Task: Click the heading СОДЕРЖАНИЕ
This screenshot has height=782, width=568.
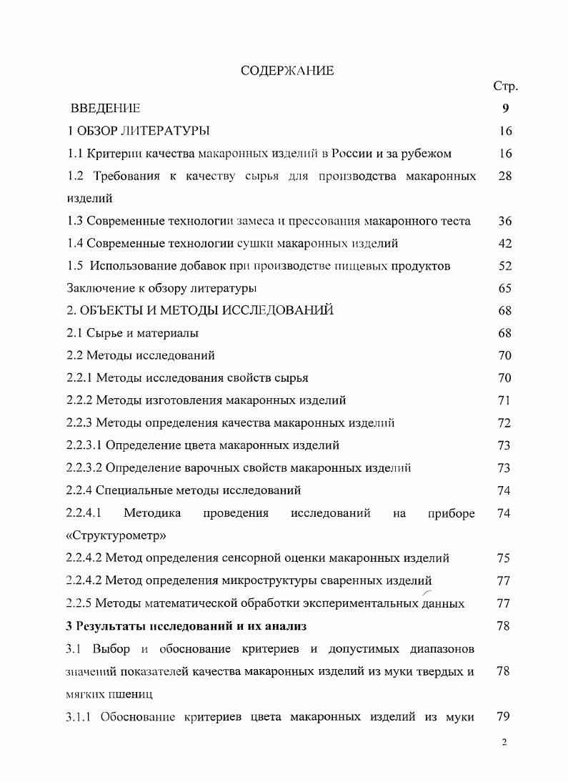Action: click(287, 71)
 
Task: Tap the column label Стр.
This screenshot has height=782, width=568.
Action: click(505, 86)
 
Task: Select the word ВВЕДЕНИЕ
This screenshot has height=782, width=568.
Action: click(105, 109)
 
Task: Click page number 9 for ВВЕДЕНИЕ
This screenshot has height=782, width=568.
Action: click(505, 109)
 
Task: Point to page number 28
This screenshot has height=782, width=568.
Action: click(505, 176)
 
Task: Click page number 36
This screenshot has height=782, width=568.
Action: click(505, 221)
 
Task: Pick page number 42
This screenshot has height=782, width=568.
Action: click(505, 244)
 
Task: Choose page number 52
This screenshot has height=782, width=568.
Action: click(505, 266)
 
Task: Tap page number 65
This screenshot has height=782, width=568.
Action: click(505, 288)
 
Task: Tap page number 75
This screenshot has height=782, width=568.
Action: click(505, 558)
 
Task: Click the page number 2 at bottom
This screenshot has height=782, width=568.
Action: click(504, 743)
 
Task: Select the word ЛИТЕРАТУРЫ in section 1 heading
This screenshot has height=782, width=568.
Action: click(167, 131)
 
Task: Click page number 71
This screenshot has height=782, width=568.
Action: click(505, 400)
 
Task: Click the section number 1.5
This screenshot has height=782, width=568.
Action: click(75, 266)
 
